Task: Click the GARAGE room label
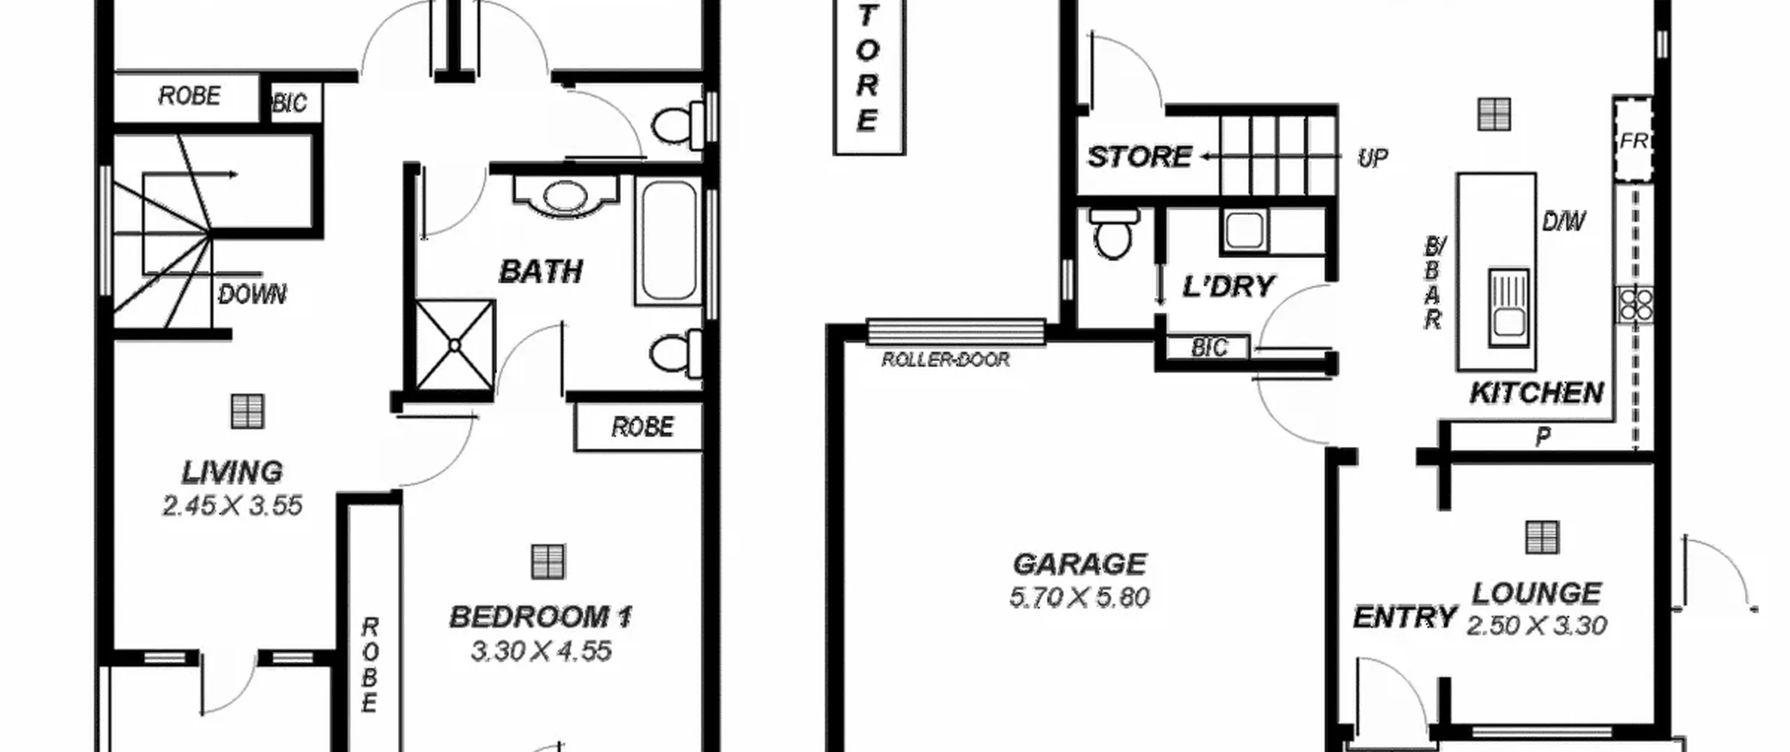(x=1080, y=564)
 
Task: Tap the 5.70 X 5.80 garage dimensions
(x=1080, y=597)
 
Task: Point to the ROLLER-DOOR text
(x=945, y=360)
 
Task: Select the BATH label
(x=541, y=271)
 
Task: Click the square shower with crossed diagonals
(x=455, y=346)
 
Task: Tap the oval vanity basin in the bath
(x=565, y=195)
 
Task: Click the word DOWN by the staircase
(x=252, y=295)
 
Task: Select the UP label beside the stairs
(x=1372, y=159)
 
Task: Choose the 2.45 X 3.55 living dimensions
(x=232, y=506)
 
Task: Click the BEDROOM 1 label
(x=540, y=617)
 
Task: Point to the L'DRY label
(x=1228, y=287)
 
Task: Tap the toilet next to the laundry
(x=1113, y=234)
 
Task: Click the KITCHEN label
(x=1537, y=393)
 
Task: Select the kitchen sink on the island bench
(x=1508, y=307)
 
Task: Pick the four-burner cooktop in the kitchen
(x=1635, y=305)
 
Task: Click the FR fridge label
(x=1633, y=141)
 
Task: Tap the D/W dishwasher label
(x=1563, y=222)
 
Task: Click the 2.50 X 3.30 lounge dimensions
(x=1536, y=625)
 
